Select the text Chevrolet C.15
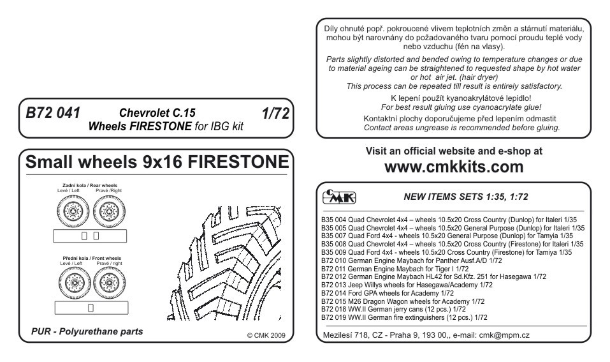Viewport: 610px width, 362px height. [x=152, y=114]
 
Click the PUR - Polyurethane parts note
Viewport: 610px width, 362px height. [x=87, y=333]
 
